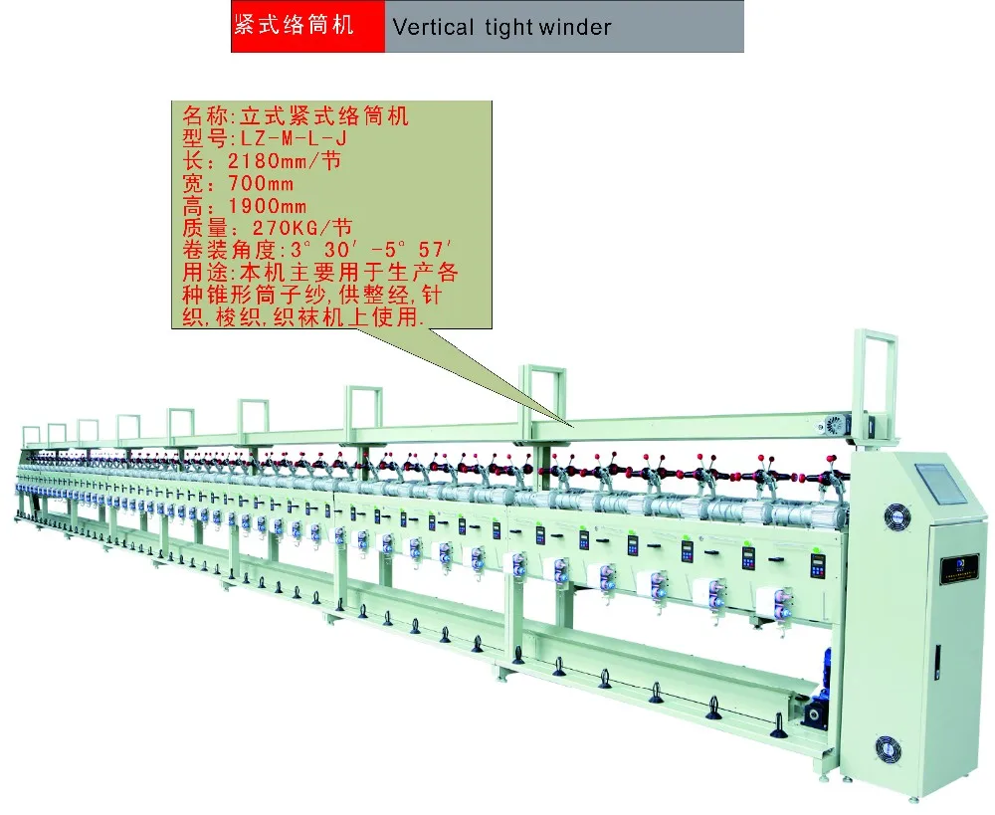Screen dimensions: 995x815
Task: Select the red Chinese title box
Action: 307,27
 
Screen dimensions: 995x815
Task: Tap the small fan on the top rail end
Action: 834,424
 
